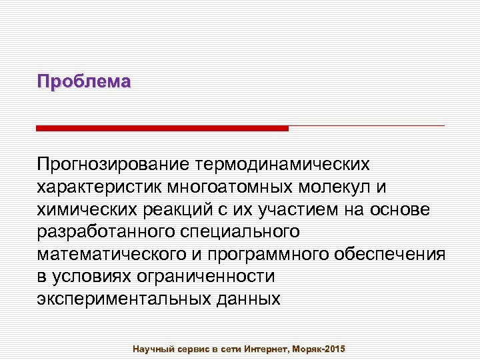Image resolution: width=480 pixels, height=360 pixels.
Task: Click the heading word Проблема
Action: coord(84,82)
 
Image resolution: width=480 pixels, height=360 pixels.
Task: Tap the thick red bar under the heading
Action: coord(162,128)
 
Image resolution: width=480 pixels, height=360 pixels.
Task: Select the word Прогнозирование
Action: coord(113,164)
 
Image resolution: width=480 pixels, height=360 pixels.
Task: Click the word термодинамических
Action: coord(282,164)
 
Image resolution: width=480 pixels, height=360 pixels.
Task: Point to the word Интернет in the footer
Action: coord(265,349)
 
